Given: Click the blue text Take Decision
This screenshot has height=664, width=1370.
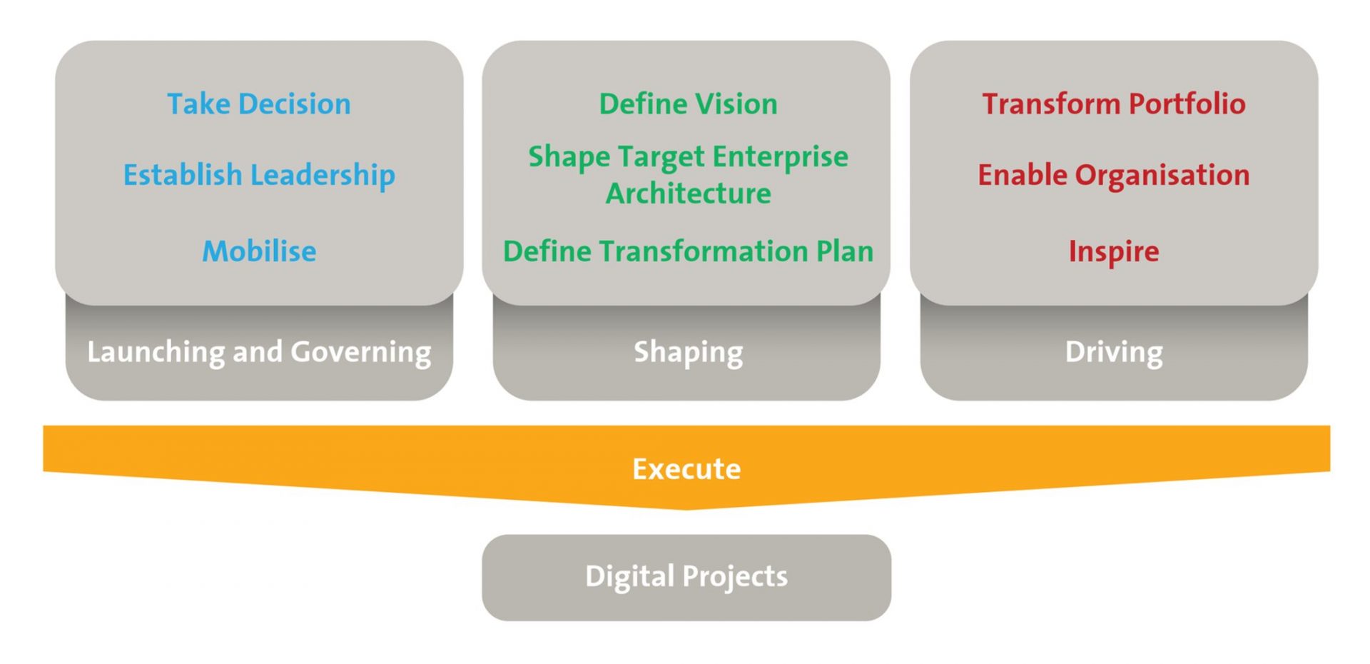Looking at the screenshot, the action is pyautogui.click(x=259, y=104).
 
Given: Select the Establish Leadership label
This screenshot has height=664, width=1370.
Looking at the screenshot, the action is pyautogui.click(x=259, y=176).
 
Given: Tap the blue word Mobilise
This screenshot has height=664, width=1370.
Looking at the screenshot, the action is pyautogui.click(x=259, y=251).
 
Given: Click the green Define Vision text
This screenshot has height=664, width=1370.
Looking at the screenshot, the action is pyautogui.click(x=688, y=104).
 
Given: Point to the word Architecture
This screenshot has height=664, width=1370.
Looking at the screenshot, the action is pyautogui.click(x=689, y=193).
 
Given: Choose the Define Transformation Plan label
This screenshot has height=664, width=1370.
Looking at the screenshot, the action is pyautogui.click(x=688, y=251).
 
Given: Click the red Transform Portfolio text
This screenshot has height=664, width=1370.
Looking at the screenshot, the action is pyautogui.click(x=1114, y=104).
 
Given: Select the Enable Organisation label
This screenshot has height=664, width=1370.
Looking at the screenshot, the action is pyautogui.click(x=1114, y=176).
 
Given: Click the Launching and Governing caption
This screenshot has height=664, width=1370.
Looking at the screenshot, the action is pyautogui.click(x=259, y=353).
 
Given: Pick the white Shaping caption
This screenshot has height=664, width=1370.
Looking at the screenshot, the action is pyautogui.click(x=689, y=353).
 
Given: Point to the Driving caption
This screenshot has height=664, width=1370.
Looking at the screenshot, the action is pyautogui.click(x=1114, y=353).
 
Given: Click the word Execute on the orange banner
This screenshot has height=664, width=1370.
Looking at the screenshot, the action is pyautogui.click(x=686, y=469).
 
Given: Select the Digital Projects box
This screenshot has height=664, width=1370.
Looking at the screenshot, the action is pyautogui.click(x=686, y=578).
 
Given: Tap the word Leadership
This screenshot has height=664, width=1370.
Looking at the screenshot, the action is pyautogui.click(x=323, y=176).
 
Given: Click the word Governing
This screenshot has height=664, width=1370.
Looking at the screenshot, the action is pyautogui.click(x=361, y=353).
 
